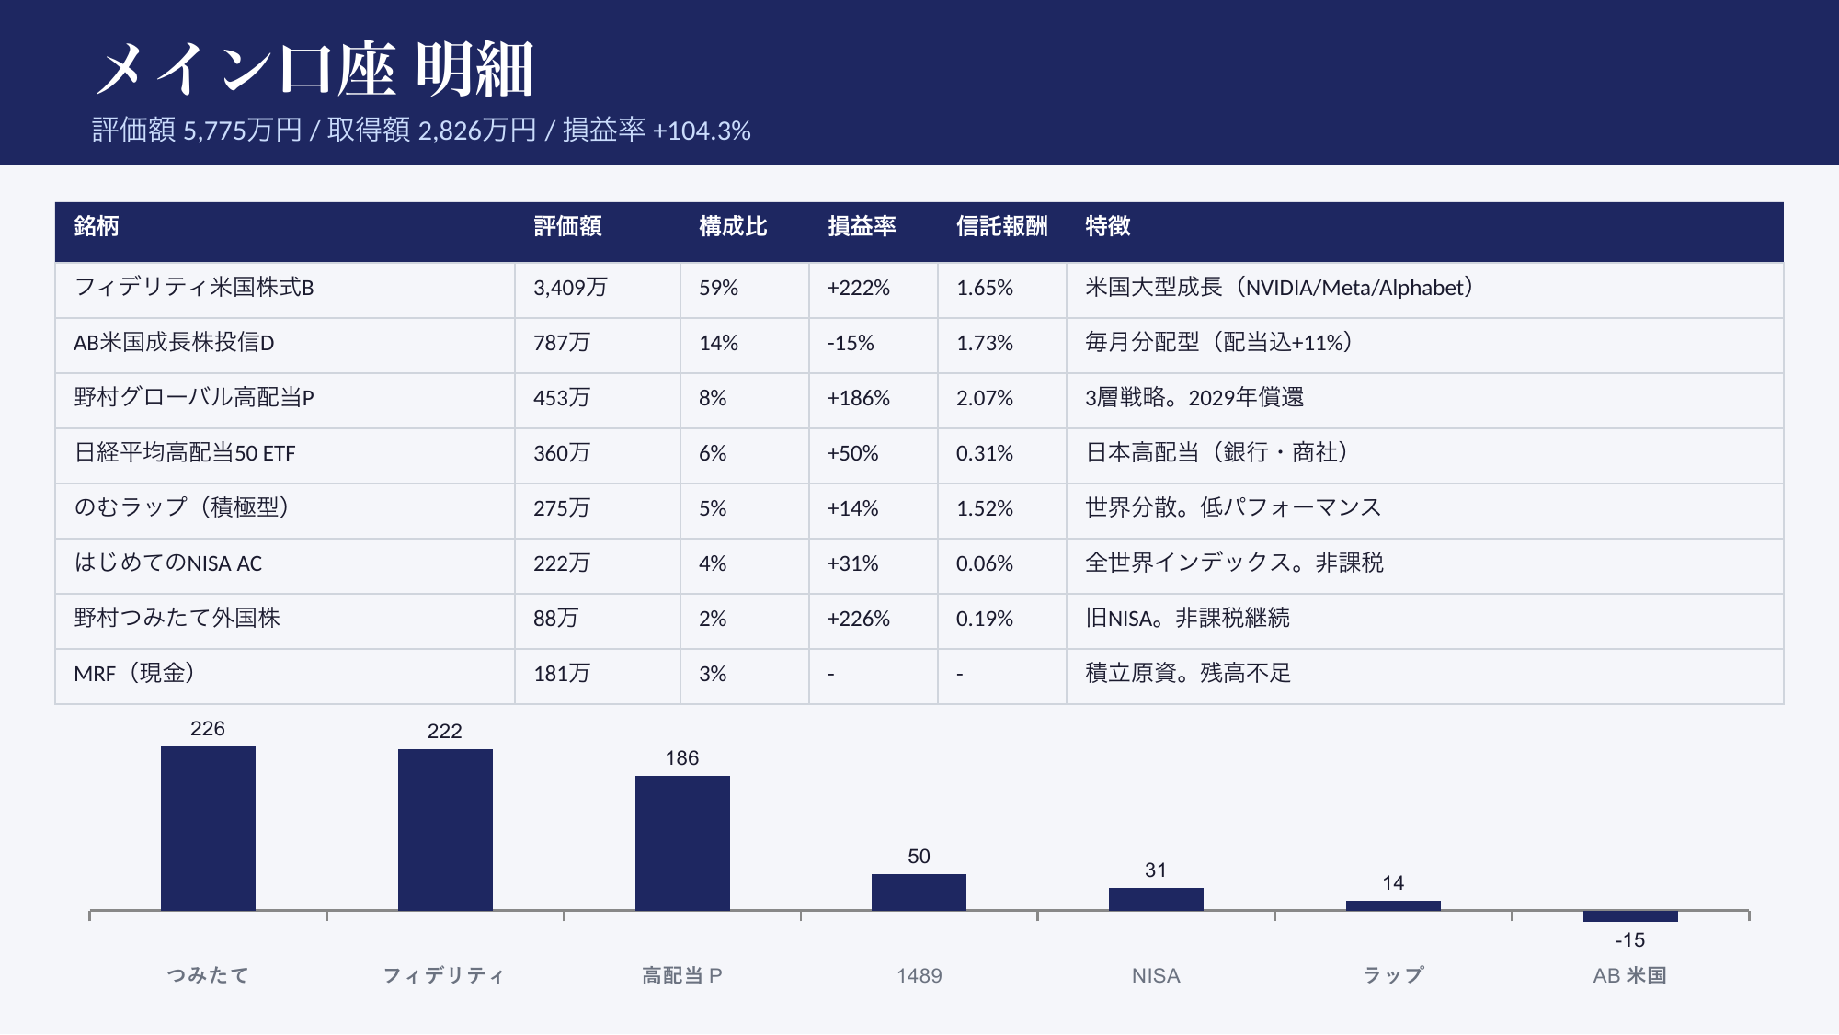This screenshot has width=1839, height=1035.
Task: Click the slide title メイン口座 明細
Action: [314, 69]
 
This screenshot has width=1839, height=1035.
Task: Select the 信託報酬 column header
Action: [1001, 226]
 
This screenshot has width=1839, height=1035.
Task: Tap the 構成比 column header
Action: [732, 226]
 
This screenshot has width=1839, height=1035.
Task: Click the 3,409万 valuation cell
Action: [570, 288]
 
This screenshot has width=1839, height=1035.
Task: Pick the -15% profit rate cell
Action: [851, 343]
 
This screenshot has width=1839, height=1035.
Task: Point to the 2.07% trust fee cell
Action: [984, 398]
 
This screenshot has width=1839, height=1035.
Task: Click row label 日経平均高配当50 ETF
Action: [185, 453]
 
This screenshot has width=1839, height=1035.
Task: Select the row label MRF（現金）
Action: [134, 674]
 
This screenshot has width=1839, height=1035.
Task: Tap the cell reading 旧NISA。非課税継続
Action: [1187, 619]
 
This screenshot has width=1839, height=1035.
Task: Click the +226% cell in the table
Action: [858, 619]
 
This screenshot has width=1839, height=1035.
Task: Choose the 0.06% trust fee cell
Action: [984, 563]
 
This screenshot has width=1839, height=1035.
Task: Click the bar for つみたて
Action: [208, 828]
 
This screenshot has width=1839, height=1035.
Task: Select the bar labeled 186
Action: [682, 843]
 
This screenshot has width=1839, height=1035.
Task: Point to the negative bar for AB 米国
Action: [1630, 916]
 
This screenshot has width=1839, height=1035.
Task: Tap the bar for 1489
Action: [919, 892]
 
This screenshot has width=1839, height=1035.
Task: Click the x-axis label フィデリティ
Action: [444, 975]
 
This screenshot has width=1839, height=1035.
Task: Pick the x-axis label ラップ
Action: [1393, 975]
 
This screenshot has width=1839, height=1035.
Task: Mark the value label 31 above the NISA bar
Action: [1156, 870]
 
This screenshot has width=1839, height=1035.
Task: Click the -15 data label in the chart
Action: [1630, 940]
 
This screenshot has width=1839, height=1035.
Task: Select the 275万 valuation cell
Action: [561, 508]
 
